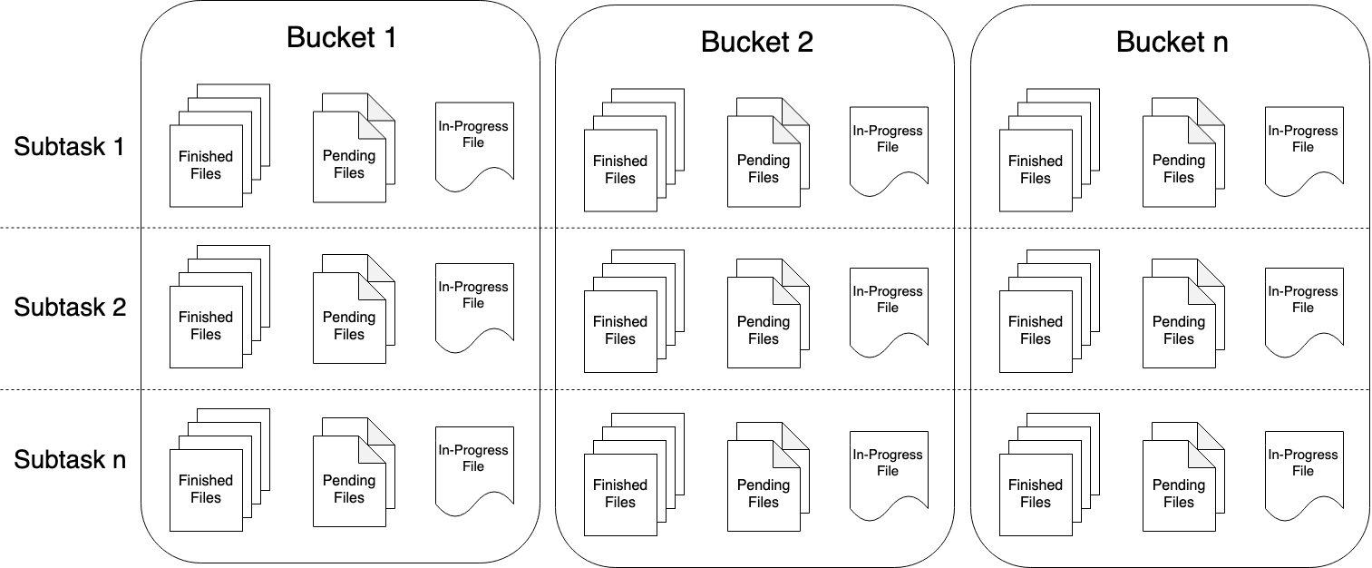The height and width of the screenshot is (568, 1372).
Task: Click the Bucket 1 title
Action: (x=341, y=37)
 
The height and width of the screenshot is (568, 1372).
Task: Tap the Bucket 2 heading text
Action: (x=756, y=42)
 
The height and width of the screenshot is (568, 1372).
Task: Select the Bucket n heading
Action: (x=1172, y=42)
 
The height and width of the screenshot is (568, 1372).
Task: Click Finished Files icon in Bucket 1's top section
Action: (x=207, y=164)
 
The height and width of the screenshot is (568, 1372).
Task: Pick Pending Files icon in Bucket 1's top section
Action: (x=349, y=163)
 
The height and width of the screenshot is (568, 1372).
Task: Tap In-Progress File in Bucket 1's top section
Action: (x=473, y=134)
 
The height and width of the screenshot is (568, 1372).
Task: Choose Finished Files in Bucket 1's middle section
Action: (x=207, y=325)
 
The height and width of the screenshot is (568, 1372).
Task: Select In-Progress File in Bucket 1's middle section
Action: (x=473, y=295)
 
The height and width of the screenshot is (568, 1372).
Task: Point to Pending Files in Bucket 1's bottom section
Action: (x=349, y=488)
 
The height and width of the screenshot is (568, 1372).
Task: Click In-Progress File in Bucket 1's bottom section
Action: (x=473, y=458)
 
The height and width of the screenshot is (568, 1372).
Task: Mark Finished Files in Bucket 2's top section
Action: (x=621, y=169)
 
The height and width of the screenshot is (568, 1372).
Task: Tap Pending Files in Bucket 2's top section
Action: (x=764, y=168)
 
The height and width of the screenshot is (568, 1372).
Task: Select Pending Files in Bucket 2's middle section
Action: (x=764, y=329)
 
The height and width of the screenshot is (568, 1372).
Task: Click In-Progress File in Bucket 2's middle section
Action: (x=888, y=299)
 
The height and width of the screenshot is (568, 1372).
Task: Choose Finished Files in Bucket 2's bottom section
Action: (x=621, y=493)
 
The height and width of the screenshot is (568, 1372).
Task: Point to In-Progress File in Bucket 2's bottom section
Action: (x=888, y=463)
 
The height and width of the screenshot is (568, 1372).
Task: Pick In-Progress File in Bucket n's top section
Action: (x=1303, y=139)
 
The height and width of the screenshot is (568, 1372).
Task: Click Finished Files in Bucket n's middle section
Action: (x=1036, y=329)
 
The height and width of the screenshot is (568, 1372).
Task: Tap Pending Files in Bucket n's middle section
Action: (x=1179, y=329)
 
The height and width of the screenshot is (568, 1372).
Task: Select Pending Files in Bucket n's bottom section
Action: (x=1179, y=493)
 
